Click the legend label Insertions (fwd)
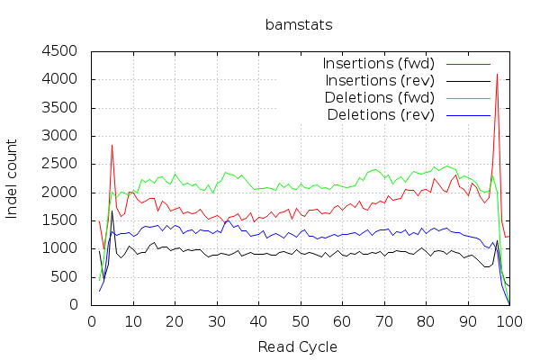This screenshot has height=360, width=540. coord(378,64)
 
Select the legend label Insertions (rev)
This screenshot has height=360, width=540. coord(380,81)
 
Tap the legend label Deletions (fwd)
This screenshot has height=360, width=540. coord(381,97)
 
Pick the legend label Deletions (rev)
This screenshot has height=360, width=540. coord(382,114)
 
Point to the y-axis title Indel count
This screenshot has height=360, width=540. coord(13,178)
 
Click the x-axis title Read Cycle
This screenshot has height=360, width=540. coord(297,346)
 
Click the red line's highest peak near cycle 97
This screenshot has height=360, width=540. coord(497,75)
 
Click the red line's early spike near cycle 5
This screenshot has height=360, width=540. coord(112,145)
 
